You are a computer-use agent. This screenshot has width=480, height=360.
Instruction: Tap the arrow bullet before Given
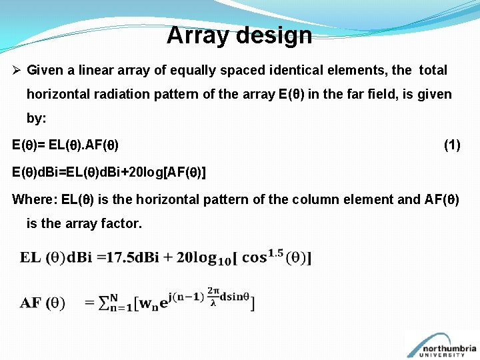pyautogui.click(x=17, y=71)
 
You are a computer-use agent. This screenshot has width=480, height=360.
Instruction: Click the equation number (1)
pyautogui.click(x=451, y=145)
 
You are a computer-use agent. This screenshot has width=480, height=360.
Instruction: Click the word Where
pyautogui.click(x=31, y=199)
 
